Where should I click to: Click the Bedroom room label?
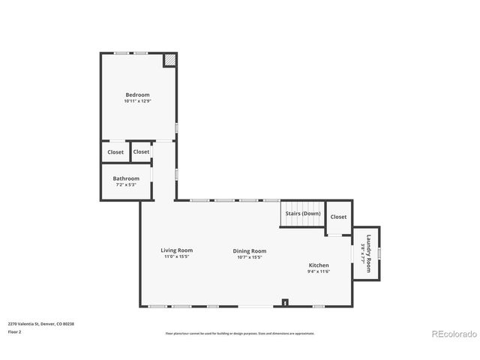[x=137, y=94]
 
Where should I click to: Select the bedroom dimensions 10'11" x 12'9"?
[x=137, y=101]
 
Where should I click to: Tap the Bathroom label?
[x=126, y=178]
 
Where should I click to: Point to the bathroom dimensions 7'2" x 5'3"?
[x=126, y=184]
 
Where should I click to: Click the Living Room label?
[x=177, y=250]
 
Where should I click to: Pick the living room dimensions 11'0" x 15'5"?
[x=177, y=256]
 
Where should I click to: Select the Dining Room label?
[x=250, y=251]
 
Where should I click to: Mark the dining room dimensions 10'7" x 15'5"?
[x=250, y=257]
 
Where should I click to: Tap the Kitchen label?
[x=319, y=265]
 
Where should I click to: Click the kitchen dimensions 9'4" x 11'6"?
[x=319, y=271]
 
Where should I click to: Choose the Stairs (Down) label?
[x=303, y=214]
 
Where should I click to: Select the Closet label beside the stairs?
[x=339, y=217]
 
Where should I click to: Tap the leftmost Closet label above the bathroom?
[x=115, y=152]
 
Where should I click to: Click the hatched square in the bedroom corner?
[x=170, y=59]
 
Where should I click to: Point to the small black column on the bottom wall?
[x=285, y=302]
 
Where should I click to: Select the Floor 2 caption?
[x=15, y=331]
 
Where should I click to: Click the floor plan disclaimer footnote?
[x=240, y=333]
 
